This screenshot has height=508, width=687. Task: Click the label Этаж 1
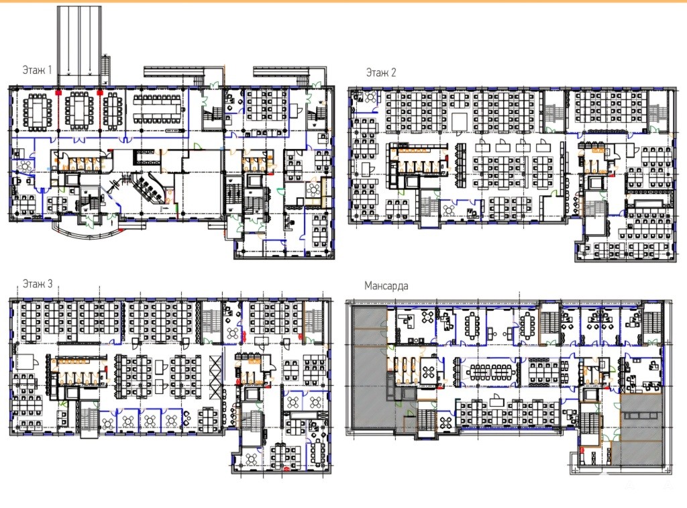pos(38,70)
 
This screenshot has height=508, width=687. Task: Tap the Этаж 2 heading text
pos(381,72)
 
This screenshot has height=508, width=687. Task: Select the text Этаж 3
pos(38,284)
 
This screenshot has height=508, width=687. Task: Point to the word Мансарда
pos(386,286)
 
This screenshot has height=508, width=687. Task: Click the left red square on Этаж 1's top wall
pos(58,93)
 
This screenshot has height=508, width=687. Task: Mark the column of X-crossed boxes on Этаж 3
pos(215,377)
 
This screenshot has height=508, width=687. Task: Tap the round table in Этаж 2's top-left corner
pos(371,97)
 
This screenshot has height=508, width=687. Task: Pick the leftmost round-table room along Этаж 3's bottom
pos(107,421)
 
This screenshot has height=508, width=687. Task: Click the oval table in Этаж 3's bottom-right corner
pos(317,452)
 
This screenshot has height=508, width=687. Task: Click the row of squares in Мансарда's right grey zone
pos(641,415)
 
